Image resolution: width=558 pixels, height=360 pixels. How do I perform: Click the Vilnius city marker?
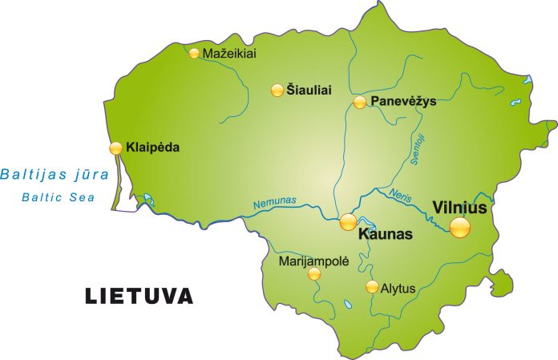point(460,228)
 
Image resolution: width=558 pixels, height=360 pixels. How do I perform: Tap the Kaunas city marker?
point(348,221)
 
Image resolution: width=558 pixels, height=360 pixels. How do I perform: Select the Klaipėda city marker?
point(116,148)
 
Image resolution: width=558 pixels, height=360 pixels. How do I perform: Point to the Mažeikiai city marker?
point(194,54)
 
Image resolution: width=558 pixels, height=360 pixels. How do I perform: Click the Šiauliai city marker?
point(277,90)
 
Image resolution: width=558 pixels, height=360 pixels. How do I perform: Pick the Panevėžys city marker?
point(360,102)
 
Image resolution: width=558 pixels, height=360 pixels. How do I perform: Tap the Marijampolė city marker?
point(313,274)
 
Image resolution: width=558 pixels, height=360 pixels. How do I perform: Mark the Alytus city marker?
point(371,286)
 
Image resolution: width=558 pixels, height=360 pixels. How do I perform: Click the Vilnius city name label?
point(460,207)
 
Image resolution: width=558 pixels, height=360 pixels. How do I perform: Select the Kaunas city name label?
point(384,235)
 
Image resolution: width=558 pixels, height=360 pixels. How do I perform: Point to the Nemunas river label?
point(274,204)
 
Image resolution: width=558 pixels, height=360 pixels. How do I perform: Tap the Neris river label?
point(399,194)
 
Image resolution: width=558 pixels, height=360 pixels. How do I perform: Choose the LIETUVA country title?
point(139,296)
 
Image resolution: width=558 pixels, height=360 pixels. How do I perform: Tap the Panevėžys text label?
point(404,102)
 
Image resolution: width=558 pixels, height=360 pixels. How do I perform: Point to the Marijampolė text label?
point(313,261)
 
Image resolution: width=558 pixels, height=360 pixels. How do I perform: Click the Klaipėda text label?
point(152,148)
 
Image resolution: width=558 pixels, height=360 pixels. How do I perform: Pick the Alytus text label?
point(398,287)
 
